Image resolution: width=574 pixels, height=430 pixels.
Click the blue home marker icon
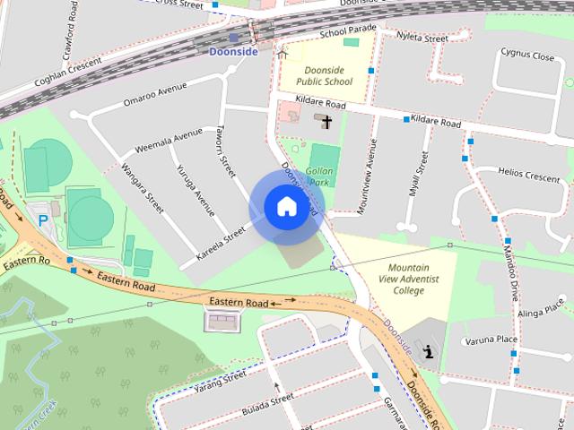[x=286, y=206]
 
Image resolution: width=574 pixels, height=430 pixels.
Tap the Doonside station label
[x=233, y=52]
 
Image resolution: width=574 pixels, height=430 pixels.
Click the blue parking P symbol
[x=41, y=219]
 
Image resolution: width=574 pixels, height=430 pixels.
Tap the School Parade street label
[x=349, y=32]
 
